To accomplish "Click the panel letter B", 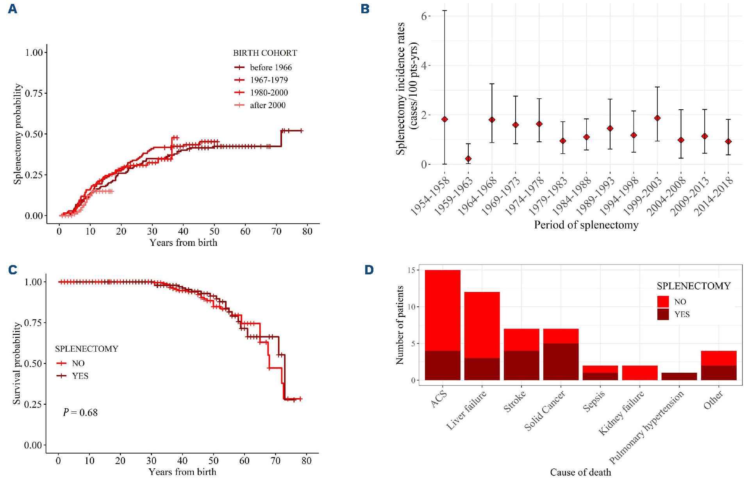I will coord(365,9).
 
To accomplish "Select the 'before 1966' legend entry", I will coord(271,68).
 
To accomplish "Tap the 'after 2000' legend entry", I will coord(268,105).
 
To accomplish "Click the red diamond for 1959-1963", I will coord(468,159).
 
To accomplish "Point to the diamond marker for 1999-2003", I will coord(657,118).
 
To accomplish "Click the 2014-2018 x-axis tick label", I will coord(714,196).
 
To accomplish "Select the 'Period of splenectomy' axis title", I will coord(586,225).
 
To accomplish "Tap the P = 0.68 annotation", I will coord(80,413).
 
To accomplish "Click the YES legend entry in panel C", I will coord(80,376).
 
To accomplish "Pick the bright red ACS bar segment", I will coord(443,310).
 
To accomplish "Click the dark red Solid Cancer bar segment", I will coord(561,361).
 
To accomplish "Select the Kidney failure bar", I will coord(639,373).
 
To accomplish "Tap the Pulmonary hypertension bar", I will coord(679,376).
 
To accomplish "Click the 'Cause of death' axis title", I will coord(580,472).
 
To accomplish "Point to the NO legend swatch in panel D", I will coord(663,301).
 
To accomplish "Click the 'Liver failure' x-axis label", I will coord(467,410).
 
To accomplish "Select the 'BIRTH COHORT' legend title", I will coord(265,53).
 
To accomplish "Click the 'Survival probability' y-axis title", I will coord(16,363).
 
